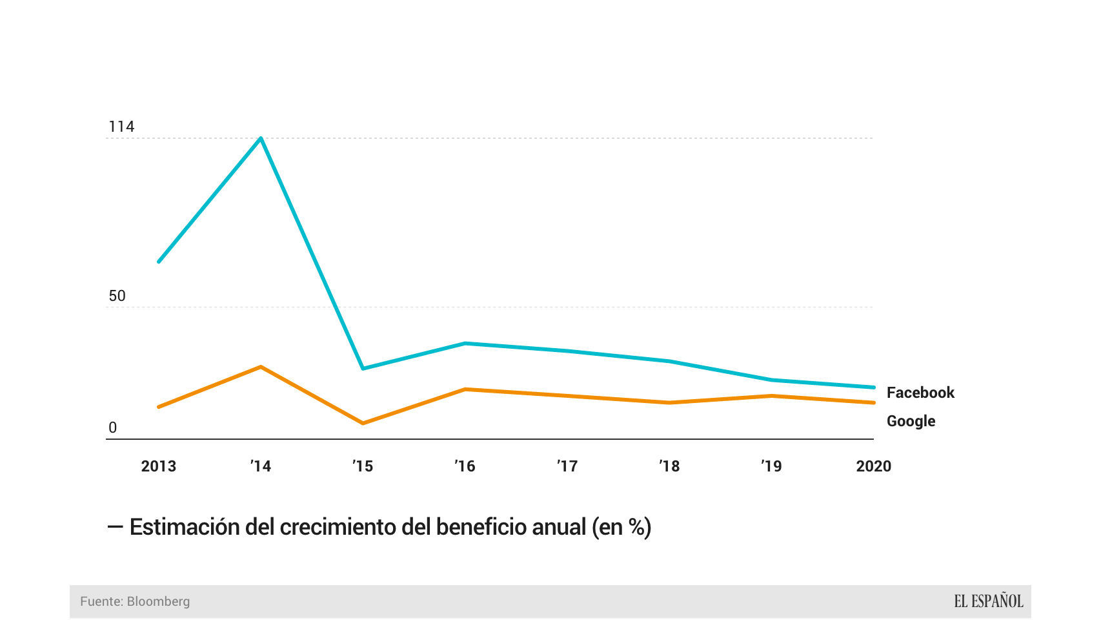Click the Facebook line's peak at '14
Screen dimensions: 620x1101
point(261,138)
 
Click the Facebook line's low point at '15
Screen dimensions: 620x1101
point(363,368)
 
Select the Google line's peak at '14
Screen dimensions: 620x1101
point(261,367)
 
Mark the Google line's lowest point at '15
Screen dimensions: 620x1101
point(363,423)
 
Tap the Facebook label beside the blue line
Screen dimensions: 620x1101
point(920,393)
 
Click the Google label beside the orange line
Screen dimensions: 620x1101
point(911,421)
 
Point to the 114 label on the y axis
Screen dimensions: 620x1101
point(121,127)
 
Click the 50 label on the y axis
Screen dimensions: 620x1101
point(117,296)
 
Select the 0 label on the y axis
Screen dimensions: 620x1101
point(113,428)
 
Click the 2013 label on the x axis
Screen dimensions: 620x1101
point(159,466)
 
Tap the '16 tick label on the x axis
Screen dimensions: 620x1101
point(465,466)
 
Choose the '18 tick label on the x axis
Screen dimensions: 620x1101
point(669,466)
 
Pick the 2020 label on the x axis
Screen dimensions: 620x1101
point(873,466)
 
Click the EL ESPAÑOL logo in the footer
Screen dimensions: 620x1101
point(988,601)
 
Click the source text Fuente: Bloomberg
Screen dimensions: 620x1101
point(135,601)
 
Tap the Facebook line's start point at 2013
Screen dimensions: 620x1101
point(159,262)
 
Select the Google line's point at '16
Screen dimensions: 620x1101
point(465,389)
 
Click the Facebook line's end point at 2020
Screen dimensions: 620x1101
point(873,387)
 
